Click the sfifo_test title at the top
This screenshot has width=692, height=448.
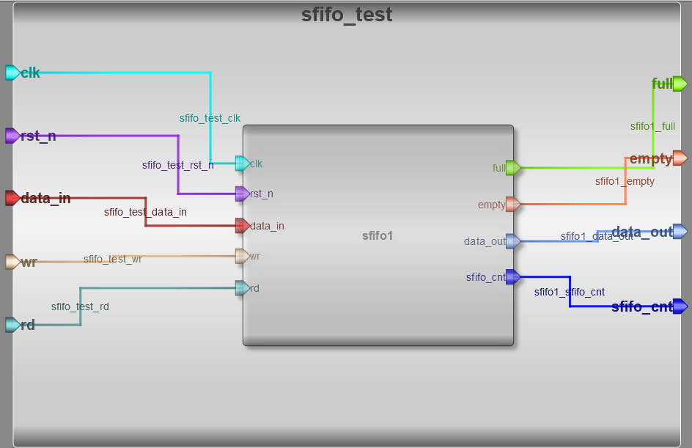(x=347, y=15)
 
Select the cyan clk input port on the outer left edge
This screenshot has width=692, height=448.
(x=12, y=73)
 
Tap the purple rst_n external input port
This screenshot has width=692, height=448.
(x=12, y=136)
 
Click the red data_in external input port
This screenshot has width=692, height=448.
(x=12, y=198)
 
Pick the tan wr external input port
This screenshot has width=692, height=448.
(x=12, y=262)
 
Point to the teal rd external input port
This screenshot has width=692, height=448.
(x=12, y=325)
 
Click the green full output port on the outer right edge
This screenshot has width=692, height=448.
(x=680, y=84)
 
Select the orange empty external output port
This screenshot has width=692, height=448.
(x=680, y=158)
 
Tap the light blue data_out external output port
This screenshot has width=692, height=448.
(x=680, y=232)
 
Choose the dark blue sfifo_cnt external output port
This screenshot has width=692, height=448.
(x=680, y=306)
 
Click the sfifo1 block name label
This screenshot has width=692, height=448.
(x=378, y=235)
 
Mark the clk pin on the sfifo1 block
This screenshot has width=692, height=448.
(x=242, y=164)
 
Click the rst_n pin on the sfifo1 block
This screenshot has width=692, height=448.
(x=242, y=194)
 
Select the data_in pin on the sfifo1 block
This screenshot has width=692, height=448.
(x=242, y=226)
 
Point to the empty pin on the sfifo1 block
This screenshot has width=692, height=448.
(x=513, y=204)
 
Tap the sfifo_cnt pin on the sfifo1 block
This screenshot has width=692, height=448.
(x=513, y=276)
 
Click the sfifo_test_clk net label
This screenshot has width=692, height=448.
(x=210, y=118)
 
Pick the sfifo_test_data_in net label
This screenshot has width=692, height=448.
(x=145, y=212)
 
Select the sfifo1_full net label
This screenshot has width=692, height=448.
(x=652, y=126)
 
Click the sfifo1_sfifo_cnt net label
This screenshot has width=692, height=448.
(x=569, y=292)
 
